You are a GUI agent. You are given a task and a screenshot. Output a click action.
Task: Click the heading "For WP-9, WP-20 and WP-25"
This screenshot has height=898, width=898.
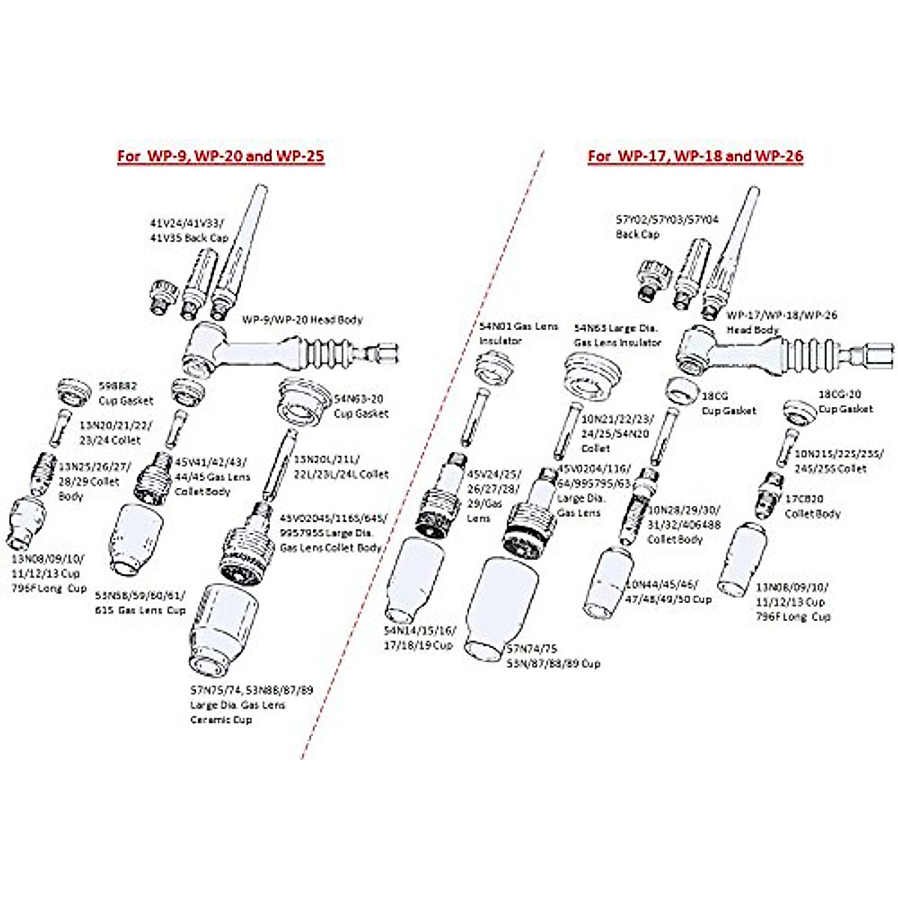(x=220, y=156)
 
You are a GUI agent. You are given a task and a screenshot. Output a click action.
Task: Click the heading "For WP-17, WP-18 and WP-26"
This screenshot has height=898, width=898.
(x=694, y=156)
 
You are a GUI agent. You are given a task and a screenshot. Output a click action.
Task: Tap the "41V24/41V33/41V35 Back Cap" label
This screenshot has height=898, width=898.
(x=188, y=230)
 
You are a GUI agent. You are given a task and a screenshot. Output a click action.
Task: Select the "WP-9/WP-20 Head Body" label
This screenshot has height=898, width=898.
(x=302, y=320)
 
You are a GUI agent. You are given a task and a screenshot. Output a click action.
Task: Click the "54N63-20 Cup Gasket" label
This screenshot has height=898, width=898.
(x=361, y=406)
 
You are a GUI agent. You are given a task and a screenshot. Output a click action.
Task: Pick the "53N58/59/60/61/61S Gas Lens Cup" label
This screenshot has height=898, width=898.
(x=140, y=602)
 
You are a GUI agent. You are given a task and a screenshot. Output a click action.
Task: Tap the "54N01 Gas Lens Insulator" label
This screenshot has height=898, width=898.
(x=508, y=333)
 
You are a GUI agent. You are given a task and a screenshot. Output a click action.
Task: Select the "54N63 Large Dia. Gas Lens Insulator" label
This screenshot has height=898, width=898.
(x=617, y=335)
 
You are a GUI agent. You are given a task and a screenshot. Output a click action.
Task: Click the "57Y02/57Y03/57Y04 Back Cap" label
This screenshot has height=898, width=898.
(x=667, y=227)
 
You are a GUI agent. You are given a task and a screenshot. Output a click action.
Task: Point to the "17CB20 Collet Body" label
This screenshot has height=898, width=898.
(x=812, y=506)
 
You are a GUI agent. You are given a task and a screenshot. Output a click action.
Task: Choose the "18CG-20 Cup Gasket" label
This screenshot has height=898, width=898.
(x=845, y=401)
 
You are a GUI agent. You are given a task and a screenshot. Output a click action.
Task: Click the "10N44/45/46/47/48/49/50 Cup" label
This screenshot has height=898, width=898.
(x=668, y=591)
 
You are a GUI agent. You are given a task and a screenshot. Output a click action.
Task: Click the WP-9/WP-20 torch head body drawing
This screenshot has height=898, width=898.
(x=284, y=352)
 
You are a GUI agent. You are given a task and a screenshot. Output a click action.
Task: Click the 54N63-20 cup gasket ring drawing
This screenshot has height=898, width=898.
(x=305, y=400)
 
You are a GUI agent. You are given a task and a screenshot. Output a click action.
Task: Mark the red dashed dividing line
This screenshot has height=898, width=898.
(x=419, y=464)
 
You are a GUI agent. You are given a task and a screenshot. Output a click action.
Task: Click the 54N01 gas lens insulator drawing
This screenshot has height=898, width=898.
(x=495, y=367)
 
